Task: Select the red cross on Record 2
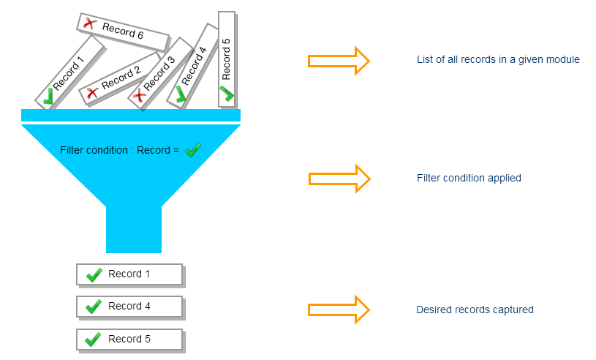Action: [92, 93]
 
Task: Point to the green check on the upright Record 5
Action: [226, 94]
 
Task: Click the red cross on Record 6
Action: [90, 24]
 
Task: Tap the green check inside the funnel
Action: [192, 150]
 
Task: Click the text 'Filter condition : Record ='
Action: [119, 151]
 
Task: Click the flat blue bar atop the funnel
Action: [130, 115]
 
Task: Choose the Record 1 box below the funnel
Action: [129, 274]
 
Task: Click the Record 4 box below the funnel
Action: [129, 307]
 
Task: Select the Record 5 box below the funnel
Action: [129, 340]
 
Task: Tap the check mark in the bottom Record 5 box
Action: [93, 340]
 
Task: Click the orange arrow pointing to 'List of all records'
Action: [339, 60]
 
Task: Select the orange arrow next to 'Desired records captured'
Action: [339, 310]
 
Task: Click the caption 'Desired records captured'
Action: [475, 310]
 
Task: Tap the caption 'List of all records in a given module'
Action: [498, 59]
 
